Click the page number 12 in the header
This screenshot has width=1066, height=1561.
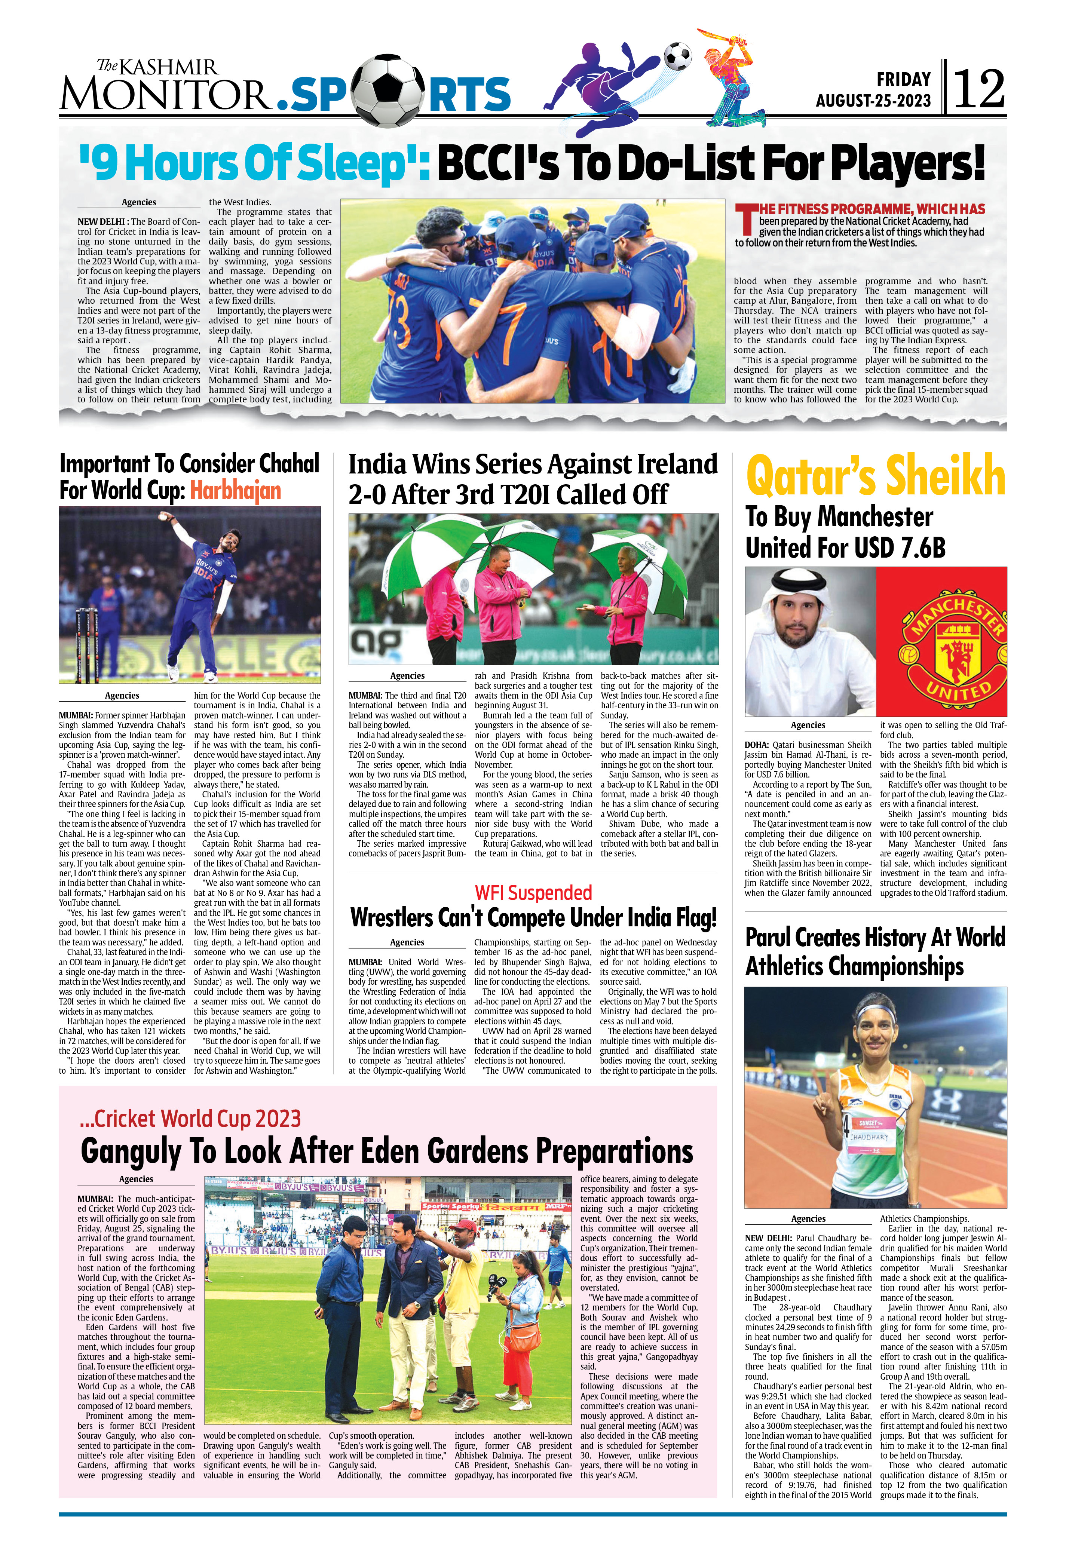click(x=979, y=89)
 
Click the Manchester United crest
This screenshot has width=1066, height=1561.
click(x=942, y=641)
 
